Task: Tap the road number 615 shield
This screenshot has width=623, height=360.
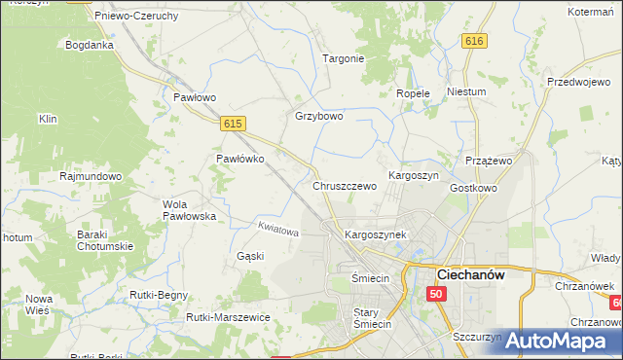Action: pyautogui.click(x=232, y=124)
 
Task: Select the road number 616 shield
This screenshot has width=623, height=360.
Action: pyautogui.click(x=474, y=41)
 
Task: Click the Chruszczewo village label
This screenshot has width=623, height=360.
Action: pyautogui.click(x=345, y=186)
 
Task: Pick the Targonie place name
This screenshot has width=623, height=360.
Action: pyautogui.click(x=343, y=58)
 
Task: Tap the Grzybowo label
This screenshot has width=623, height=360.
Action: pyautogui.click(x=319, y=117)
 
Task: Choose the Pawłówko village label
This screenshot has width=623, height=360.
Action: pyautogui.click(x=239, y=160)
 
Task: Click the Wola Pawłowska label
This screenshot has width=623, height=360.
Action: pyautogui.click(x=189, y=210)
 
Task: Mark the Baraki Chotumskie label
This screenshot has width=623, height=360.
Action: pyautogui.click(x=105, y=239)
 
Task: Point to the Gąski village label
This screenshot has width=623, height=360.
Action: pyautogui.click(x=250, y=256)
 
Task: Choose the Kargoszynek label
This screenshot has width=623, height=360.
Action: pyautogui.click(x=375, y=235)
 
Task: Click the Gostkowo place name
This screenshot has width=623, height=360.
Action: pyautogui.click(x=474, y=187)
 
